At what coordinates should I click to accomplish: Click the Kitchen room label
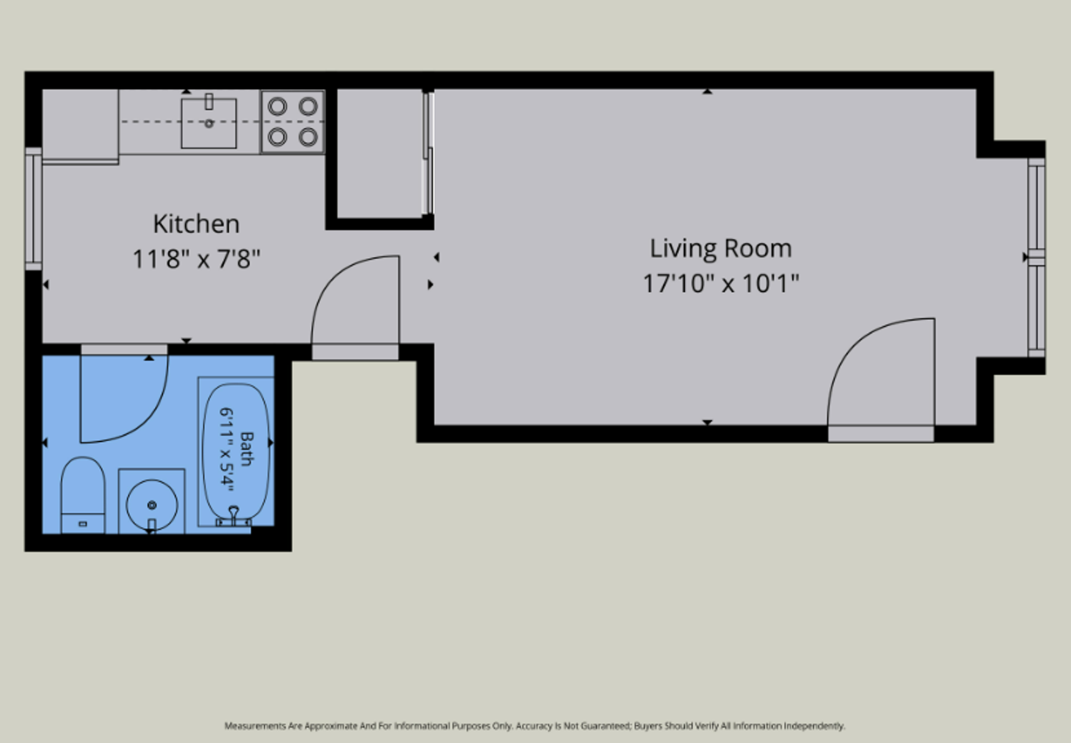tap(196, 224)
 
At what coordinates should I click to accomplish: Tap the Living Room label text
tap(721, 249)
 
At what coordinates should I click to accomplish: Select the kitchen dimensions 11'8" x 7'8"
tap(196, 259)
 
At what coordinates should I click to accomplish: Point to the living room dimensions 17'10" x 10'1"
tap(721, 283)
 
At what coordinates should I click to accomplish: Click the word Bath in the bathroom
tap(247, 448)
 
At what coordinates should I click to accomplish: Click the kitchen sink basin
tap(209, 123)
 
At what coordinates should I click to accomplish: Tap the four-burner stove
tap(293, 122)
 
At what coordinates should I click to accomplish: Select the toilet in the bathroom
tap(83, 495)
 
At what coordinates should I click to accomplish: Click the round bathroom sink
tap(152, 504)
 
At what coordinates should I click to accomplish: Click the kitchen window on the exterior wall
tap(33, 209)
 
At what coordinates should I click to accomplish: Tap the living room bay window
tap(1036, 257)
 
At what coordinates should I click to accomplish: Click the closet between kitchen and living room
tap(380, 154)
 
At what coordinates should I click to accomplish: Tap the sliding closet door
tap(428, 153)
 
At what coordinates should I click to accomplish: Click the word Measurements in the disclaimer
tap(255, 726)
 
